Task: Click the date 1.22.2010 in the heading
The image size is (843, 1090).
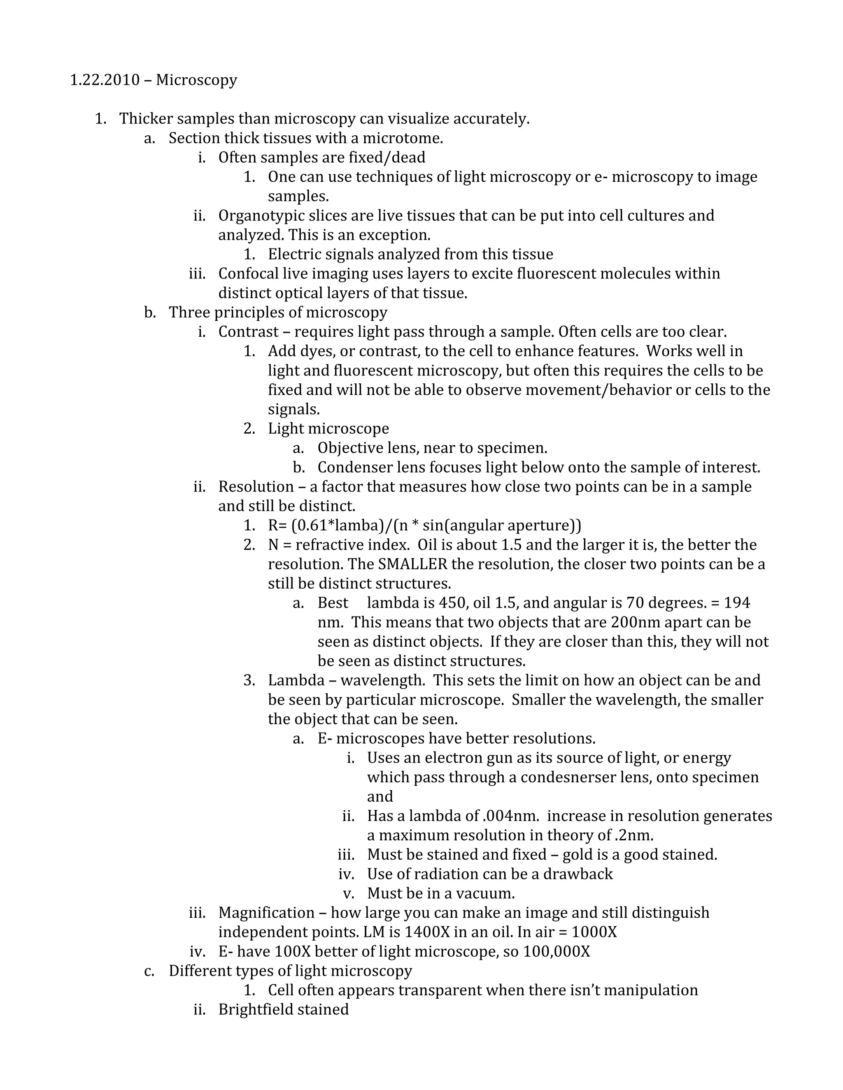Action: pos(105,80)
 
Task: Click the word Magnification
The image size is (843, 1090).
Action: pos(266,913)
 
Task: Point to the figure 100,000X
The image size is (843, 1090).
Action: pos(557,952)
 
